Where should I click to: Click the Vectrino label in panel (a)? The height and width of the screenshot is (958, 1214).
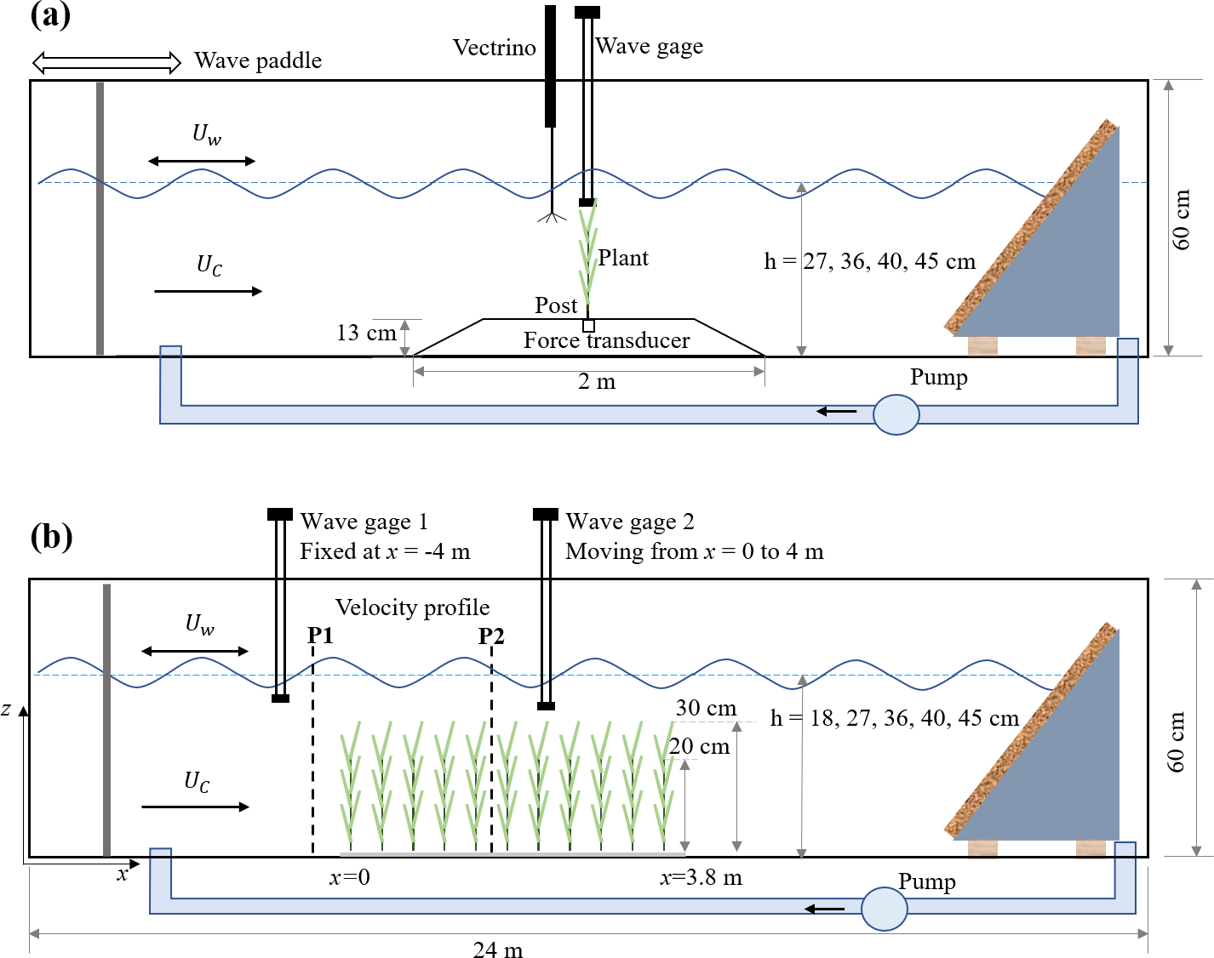pos(494,48)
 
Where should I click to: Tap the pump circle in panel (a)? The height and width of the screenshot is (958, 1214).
pos(896,415)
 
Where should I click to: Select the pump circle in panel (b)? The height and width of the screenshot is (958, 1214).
pos(884,909)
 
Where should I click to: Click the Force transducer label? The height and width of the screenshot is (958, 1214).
pos(606,340)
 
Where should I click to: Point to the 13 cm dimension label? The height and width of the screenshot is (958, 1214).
pos(366,333)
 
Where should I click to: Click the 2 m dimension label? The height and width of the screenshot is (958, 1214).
pos(596,381)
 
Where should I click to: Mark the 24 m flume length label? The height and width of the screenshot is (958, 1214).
pos(498,949)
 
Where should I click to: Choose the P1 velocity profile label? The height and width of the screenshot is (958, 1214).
pos(320,635)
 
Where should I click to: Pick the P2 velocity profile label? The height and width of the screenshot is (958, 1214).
pos(491,636)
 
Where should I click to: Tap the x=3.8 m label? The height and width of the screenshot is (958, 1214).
pos(701,877)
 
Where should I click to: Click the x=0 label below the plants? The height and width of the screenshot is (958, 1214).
pos(349,877)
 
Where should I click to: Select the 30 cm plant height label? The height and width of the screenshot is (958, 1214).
pos(706,708)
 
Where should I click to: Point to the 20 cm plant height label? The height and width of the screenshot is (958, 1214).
pos(699,746)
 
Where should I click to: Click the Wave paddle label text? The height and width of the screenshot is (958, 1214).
pos(258,60)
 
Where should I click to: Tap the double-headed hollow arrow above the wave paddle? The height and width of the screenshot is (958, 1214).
pos(106,62)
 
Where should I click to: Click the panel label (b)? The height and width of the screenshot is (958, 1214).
pos(51,537)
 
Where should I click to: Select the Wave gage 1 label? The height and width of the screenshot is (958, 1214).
pos(364,521)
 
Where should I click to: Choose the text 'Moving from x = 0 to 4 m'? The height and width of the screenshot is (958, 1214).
pos(694,551)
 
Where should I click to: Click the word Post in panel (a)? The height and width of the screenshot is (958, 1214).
pos(556,305)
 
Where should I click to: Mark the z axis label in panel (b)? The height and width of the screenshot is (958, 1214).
pos(7,709)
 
